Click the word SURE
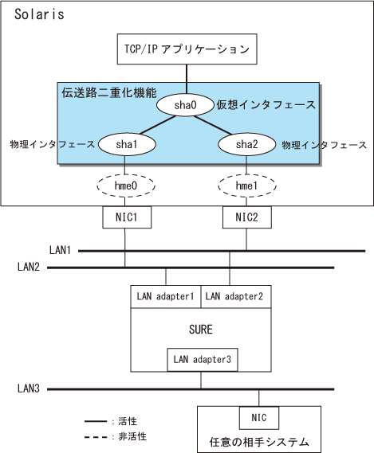pyautogui.click(x=201, y=330)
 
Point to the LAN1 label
pyautogui.click(x=60, y=250)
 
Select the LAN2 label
pyautogui.click(x=29, y=267)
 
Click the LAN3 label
pyautogui.click(x=29, y=389)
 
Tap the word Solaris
pyautogui.click(x=39, y=14)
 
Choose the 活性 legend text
pyautogui.click(x=128, y=421)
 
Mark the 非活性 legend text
pyautogui.click(x=132, y=436)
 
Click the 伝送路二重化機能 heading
pyautogui.click(x=109, y=93)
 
